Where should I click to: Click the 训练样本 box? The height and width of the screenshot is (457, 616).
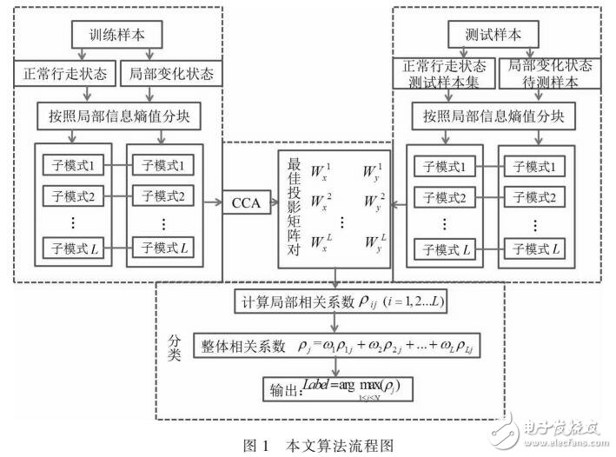point(116,37)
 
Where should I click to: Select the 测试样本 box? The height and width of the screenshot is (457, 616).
point(493,36)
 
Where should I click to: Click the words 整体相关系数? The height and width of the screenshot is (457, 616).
point(255,345)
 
